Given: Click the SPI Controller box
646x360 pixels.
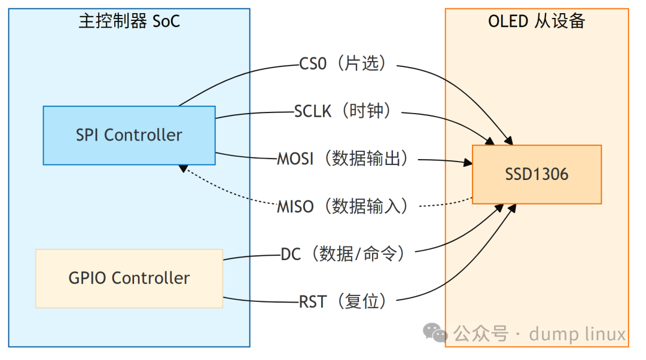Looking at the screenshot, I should pos(129,135).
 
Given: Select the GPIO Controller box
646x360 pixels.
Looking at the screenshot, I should pos(129,278).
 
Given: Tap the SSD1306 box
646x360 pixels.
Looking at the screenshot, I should pos(537,174).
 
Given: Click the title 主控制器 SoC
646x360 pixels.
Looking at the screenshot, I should pos(129,22).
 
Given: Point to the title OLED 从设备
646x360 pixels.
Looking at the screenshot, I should pos(536,22).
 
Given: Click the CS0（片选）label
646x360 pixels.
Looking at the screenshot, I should pos(348,63).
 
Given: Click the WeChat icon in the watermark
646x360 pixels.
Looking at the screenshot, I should pos(435,332).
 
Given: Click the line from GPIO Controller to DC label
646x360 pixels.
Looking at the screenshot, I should pos(251,257).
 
